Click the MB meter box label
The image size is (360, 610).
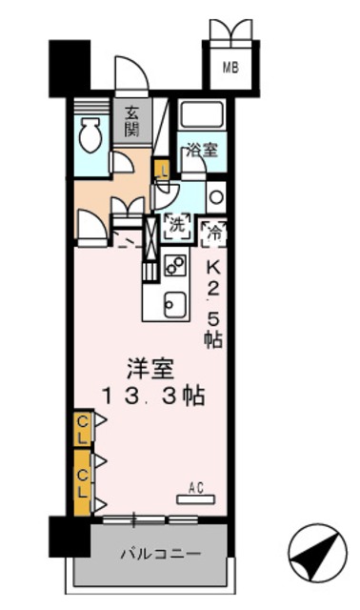coord(231,67)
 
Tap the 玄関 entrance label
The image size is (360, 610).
coord(131,118)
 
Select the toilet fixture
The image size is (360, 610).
coord(90,137)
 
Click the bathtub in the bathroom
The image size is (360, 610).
coord(201,115)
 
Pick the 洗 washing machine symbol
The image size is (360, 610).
coord(175,226)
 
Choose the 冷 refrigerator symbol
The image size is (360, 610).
coord(213,230)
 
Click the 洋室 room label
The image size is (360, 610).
coord(148,368)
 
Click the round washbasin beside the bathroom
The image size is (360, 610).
coord(216,198)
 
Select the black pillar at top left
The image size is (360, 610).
coord(69,66)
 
